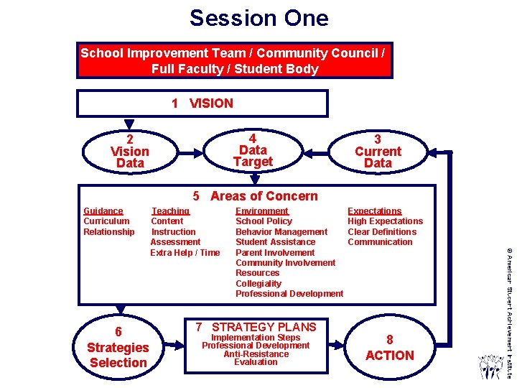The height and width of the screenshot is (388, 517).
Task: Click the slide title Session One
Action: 258,18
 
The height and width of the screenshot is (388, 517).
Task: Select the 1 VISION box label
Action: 202,103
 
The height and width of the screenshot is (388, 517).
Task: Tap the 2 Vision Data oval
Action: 130,152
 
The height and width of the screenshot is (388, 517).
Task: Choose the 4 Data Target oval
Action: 253,150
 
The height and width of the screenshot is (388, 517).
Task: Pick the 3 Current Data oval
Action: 378,152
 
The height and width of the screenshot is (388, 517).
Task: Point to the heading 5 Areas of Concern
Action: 255,196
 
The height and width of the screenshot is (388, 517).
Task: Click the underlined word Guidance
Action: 103,211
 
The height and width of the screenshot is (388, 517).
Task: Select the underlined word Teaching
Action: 170,211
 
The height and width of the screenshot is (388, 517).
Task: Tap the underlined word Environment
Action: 262,211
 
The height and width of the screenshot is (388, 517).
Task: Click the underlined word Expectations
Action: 375,211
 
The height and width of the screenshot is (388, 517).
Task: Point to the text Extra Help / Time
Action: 185,253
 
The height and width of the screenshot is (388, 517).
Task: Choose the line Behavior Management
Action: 281,232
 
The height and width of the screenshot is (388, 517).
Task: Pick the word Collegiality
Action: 258,284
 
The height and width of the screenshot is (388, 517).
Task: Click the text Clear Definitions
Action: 382,232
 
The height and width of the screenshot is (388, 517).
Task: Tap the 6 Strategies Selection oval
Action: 118,348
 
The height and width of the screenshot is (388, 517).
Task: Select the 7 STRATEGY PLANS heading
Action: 256,327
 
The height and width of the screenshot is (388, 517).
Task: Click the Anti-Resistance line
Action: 256,354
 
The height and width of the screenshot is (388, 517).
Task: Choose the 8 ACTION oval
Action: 389,348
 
